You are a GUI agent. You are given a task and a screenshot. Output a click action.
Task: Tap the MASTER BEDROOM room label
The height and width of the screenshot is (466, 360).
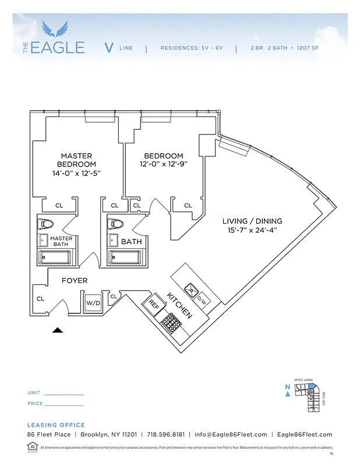click(76, 160)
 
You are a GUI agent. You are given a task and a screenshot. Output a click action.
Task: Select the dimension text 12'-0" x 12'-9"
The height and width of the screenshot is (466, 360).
click(164, 164)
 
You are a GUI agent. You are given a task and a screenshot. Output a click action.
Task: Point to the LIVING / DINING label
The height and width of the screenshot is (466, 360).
click(252, 221)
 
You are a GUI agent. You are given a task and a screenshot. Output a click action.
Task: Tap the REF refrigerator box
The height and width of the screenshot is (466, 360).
click(153, 304)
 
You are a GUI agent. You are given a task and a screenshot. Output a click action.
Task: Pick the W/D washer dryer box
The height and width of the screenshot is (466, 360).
click(93, 303)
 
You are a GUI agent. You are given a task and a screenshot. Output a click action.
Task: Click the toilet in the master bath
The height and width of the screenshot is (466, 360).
click(46, 224)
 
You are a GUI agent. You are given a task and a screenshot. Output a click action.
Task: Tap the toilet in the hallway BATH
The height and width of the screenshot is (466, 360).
click(117, 224)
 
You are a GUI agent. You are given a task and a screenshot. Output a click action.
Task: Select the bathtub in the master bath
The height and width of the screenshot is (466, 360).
click(55, 257)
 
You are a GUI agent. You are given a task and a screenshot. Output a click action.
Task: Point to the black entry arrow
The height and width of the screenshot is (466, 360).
click(57, 330)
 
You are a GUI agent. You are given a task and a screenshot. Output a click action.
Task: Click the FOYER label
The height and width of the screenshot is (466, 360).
click(75, 281)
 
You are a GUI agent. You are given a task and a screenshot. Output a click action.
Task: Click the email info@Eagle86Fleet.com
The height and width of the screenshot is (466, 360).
click(231, 435)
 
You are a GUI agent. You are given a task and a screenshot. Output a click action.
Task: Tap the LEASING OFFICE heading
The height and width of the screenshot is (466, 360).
click(56, 425)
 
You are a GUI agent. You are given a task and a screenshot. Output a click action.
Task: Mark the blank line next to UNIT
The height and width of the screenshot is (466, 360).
click(64, 394)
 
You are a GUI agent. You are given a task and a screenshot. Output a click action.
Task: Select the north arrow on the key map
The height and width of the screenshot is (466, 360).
click(288, 394)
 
